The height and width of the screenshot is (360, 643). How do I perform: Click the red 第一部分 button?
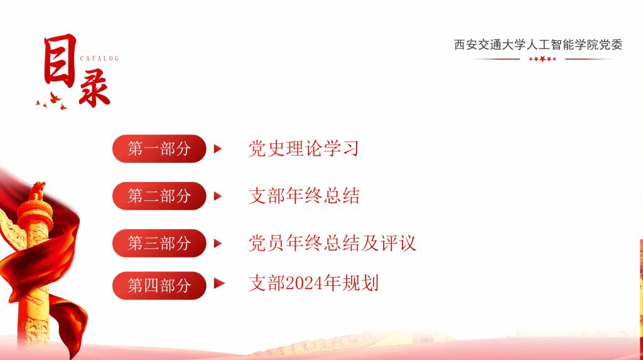(159, 149)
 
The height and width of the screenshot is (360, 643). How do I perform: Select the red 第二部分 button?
(159, 196)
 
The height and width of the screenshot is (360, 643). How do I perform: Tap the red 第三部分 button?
(159, 243)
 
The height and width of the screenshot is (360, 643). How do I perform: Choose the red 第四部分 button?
(159, 285)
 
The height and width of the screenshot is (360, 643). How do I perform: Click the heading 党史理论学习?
(303, 149)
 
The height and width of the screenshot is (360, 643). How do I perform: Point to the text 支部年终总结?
(304, 196)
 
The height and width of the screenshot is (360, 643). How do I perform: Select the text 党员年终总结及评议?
(332, 243)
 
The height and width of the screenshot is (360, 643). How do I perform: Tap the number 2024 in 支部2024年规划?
(305, 283)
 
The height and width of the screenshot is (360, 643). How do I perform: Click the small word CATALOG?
(99, 58)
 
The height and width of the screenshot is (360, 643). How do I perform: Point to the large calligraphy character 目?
(60, 60)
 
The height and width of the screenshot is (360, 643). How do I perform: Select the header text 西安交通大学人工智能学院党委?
(538, 45)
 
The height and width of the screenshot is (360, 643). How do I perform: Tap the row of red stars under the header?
(543, 59)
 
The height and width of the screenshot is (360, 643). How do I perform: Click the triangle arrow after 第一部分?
(218, 149)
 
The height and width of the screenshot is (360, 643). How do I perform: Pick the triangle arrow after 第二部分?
(218, 196)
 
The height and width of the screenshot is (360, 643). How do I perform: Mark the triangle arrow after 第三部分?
(218, 243)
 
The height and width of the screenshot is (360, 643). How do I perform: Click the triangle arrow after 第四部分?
(219, 283)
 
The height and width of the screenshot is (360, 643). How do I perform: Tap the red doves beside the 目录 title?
(51, 101)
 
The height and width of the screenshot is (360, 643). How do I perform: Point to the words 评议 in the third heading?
(398, 243)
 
